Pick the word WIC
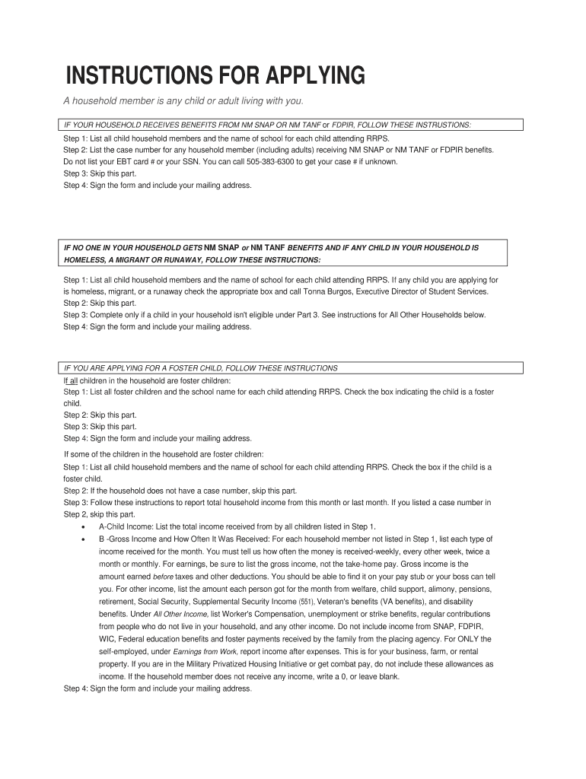tap(108, 639)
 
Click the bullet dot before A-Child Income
tap(82, 527)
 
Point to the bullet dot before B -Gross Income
tap(82, 539)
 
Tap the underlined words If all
tap(71, 380)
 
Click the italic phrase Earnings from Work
tap(205, 652)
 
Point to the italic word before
tap(164, 577)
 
